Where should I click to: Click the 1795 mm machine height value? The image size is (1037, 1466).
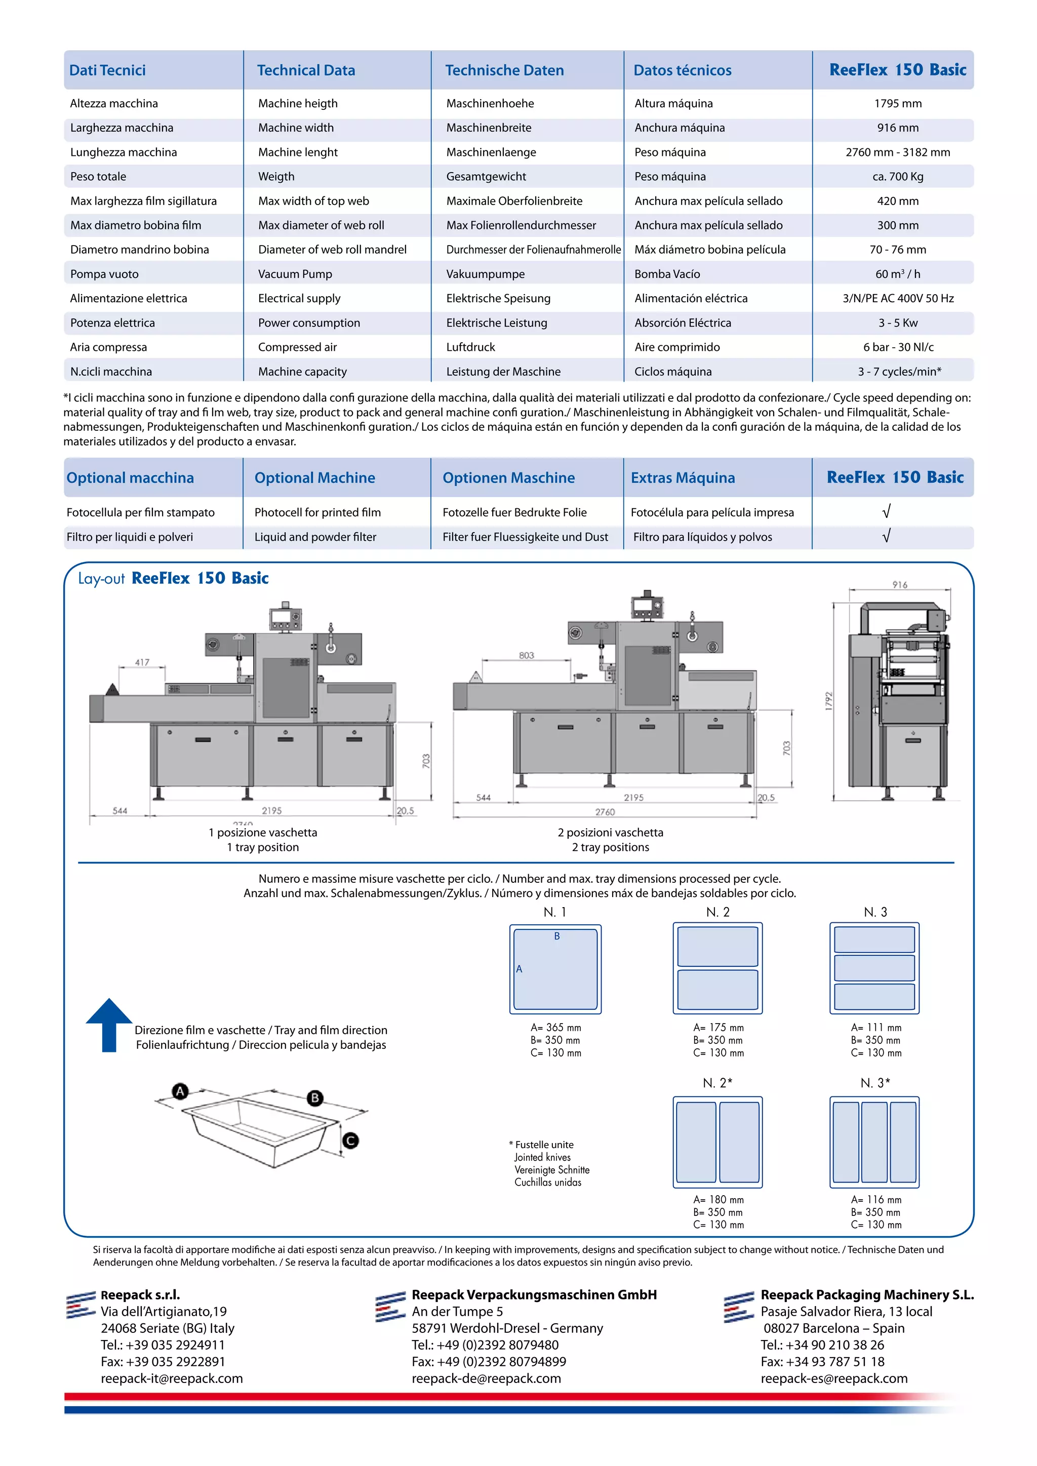(897, 103)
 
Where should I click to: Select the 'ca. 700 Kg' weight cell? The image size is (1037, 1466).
(897, 177)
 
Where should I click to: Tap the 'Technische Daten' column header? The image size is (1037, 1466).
(504, 70)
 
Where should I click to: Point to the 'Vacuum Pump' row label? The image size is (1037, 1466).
(295, 274)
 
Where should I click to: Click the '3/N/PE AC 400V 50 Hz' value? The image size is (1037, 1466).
(898, 298)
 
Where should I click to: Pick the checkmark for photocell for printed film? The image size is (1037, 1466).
(886, 511)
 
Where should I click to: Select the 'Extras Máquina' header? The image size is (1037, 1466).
(683, 477)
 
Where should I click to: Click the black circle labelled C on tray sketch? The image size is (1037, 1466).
(350, 1141)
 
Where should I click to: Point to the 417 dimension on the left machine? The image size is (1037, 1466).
(142, 662)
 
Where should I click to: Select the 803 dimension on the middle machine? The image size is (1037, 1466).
(526, 655)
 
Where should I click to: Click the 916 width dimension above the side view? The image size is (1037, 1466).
(900, 585)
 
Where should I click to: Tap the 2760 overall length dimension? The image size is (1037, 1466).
(605, 811)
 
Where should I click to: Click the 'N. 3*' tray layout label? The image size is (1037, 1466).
(875, 1083)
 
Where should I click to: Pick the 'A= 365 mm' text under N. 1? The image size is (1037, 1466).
(555, 1027)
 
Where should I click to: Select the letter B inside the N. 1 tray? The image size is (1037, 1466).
(557, 936)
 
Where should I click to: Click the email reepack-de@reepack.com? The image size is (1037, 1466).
(486, 1378)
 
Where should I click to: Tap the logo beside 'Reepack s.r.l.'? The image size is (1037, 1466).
(81, 1305)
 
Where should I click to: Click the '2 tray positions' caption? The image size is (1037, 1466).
(611, 847)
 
